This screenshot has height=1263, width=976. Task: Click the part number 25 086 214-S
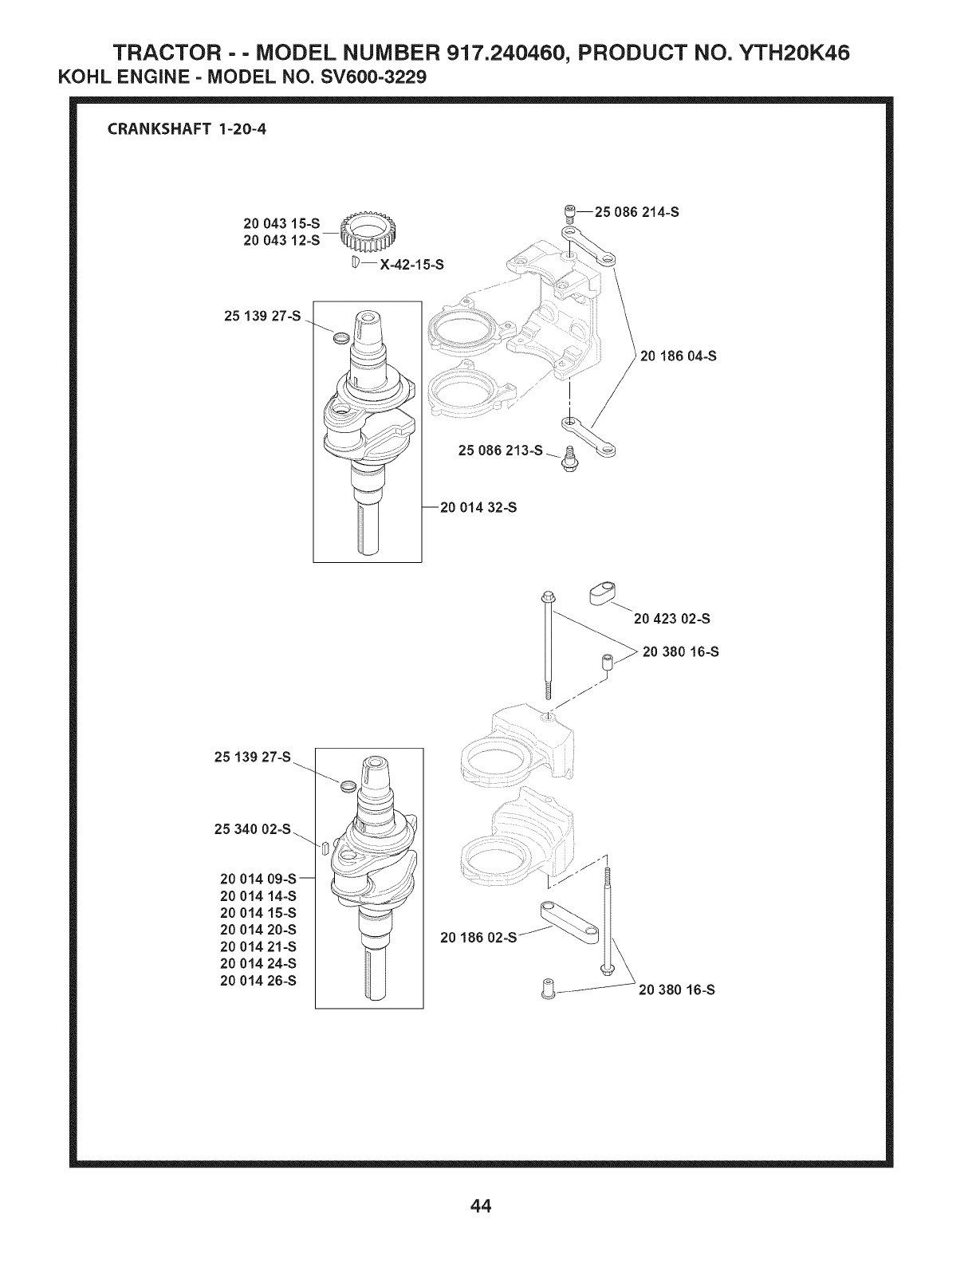coord(637,213)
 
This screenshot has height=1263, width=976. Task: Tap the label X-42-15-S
coord(411,266)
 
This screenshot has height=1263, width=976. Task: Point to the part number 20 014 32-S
coord(478,508)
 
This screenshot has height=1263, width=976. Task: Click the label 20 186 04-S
coord(679,356)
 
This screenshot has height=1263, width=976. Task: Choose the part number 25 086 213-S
coord(501,451)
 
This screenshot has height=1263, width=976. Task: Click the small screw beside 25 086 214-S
coord(570,214)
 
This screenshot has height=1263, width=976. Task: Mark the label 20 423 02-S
coord(672,619)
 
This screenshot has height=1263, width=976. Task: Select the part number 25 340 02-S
coord(253,829)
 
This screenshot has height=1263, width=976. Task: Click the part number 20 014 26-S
coord(258,981)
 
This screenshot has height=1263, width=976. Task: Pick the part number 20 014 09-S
coord(258,879)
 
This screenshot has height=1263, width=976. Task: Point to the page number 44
coord(482,1206)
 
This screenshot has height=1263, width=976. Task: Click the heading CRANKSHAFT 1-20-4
coord(187,130)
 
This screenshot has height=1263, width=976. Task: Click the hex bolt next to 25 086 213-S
coord(569,459)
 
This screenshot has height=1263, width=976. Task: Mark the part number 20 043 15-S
coord(281,224)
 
